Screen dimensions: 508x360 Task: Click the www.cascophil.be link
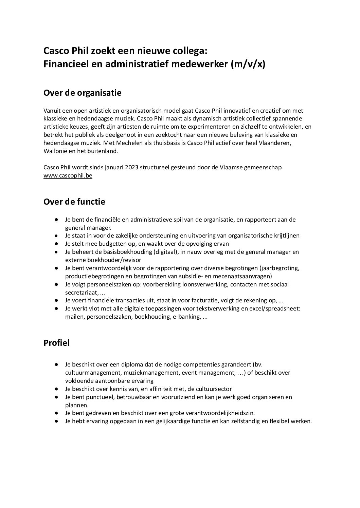click(x=68, y=176)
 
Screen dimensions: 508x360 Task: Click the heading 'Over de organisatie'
click(x=82, y=93)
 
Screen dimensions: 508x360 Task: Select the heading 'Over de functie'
click(x=74, y=202)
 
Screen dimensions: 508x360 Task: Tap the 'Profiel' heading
click(x=56, y=343)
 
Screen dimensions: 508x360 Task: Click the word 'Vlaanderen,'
click(x=274, y=143)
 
